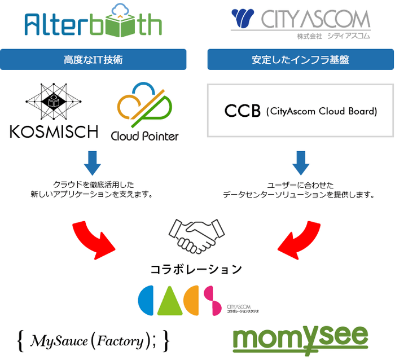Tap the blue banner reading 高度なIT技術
click(94, 59)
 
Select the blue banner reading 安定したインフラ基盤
click(300, 59)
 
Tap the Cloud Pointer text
click(144, 136)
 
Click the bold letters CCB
click(243, 111)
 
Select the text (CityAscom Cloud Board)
click(321, 111)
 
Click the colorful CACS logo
click(181, 300)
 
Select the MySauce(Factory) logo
click(94, 340)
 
